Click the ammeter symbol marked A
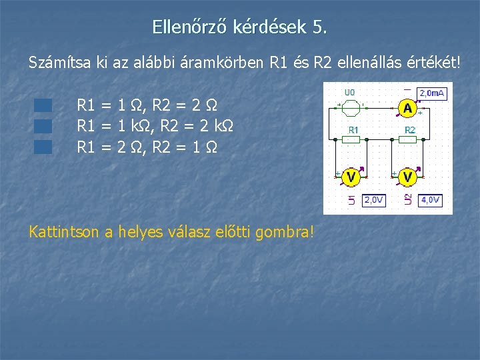tap(408, 108)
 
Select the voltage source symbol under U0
tap(351, 105)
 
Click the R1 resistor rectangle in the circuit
tap(353, 139)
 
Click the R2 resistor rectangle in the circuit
tap(410, 139)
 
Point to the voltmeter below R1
tap(351, 177)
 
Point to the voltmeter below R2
tap(408, 177)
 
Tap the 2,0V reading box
tap(373, 200)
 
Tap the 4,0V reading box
tap(430, 200)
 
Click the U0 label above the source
tap(349, 92)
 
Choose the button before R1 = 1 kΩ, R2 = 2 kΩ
tap(43, 126)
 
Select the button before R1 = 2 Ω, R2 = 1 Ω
tap(43, 147)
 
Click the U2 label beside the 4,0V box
tap(409, 199)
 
